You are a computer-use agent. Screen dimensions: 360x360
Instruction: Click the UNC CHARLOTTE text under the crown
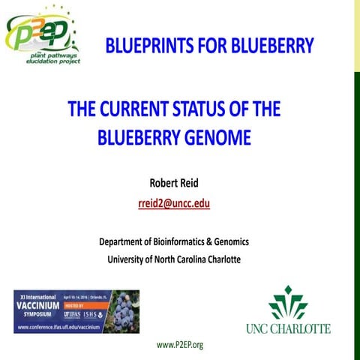tap(287, 328)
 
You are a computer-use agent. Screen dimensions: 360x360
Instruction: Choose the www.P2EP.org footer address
tap(180, 344)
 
